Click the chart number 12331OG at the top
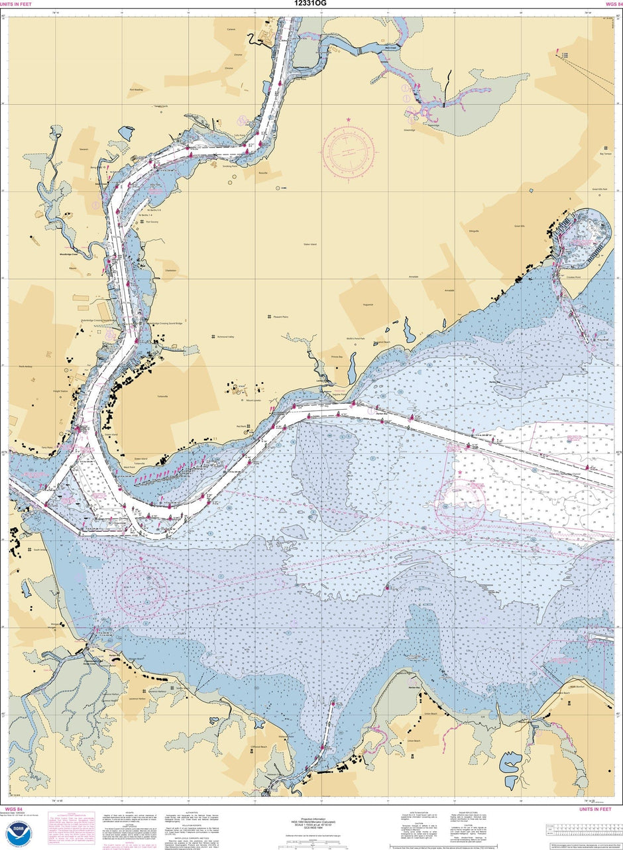coord(311,3)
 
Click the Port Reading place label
coord(136,90)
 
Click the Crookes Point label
coord(573,277)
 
